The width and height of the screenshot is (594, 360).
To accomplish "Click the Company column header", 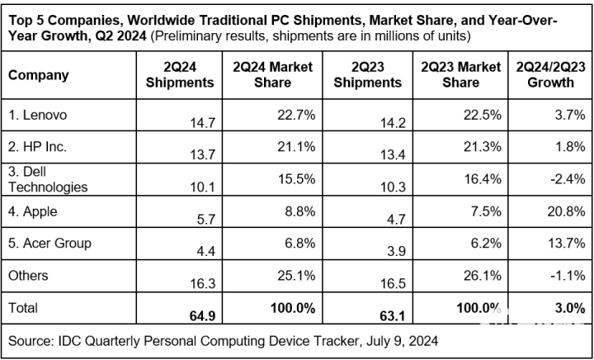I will point(38,75).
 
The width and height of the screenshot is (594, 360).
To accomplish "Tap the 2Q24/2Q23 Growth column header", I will point(550,74).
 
